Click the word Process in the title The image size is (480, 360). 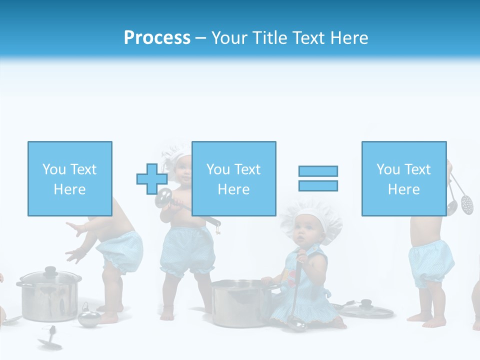(x=157, y=38)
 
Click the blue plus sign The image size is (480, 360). (x=151, y=179)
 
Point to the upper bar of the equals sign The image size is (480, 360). (x=318, y=171)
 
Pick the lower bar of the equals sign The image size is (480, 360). (x=318, y=186)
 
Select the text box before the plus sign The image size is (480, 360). (x=70, y=178)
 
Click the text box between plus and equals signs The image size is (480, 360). (x=233, y=178)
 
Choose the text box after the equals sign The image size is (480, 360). (x=403, y=178)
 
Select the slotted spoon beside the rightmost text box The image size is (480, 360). (x=466, y=202)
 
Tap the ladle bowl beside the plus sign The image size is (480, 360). (x=163, y=197)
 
